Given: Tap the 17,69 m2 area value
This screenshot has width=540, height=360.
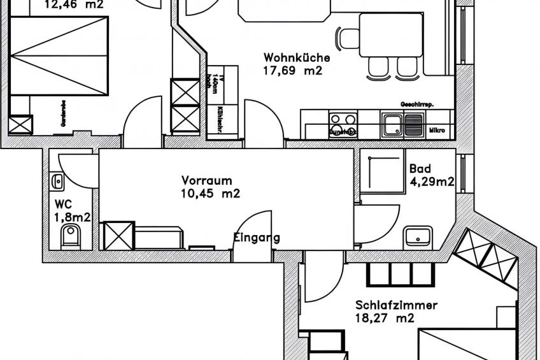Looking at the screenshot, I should [292, 71].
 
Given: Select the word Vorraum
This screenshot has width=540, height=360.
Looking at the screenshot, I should [206, 180].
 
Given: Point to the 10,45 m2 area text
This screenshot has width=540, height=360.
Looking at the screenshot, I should [210, 194].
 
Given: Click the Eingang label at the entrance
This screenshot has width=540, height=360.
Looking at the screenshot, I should [257, 238].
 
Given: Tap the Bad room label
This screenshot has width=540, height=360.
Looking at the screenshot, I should [420, 169].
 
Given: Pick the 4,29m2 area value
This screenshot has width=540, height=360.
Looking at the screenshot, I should [432, 182].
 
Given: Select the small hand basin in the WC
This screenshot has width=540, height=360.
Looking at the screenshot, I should [57, 182].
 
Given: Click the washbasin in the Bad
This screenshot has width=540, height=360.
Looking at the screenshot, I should [418, 236].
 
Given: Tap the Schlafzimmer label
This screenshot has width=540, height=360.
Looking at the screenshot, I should [396, 305].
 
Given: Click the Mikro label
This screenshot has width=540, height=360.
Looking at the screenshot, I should [437, 131].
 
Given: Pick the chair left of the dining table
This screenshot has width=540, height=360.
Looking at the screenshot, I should [348, 39].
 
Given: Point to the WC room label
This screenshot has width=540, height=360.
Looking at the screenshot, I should [62, 205].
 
